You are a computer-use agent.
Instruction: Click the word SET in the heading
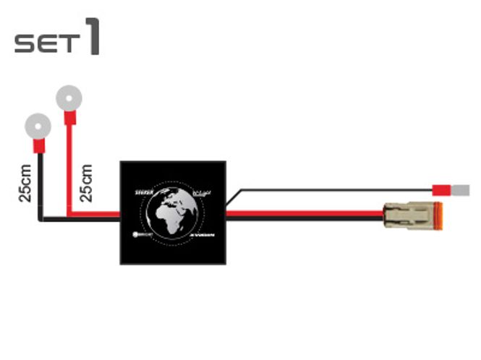[x=45, y=43]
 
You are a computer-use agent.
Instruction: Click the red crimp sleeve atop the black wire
[x=38, y=147]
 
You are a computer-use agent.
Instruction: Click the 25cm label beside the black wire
[x=25, y=183]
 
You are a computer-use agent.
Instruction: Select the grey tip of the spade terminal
[x=460, y=191]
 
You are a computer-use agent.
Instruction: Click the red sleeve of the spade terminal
[x=442, y=191]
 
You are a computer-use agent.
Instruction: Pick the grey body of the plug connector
[x=401, y=215]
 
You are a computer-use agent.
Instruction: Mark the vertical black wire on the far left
[x=43, y=188]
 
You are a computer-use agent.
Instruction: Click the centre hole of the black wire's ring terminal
[x=37, y=124]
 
